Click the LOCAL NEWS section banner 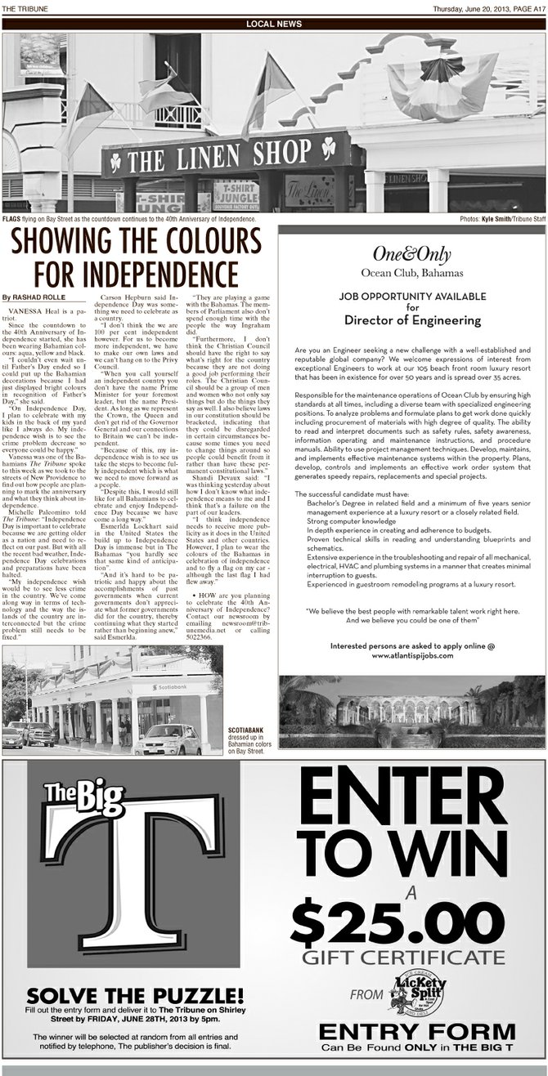[x=274, y=22]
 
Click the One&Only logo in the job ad [x=411, y=254]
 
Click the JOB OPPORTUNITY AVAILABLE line [x=411, y=297]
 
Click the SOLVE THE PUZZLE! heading [x=135, y=994]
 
